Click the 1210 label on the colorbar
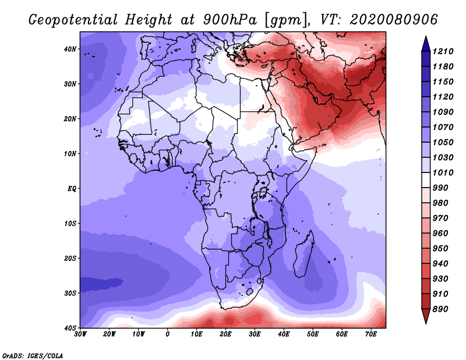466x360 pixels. pyautogui.click(x=443, y=51)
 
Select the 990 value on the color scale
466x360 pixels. pyautogui.click(x=440, y=188)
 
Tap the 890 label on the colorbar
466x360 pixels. pyautogui.click(x=440, y=309)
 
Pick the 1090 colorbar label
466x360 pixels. pyautogui.click(x=443, y=112)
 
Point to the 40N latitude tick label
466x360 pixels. pyautogui.click(x=70, y=49)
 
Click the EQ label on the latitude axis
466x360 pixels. pyautogui.click(x=72, y=189)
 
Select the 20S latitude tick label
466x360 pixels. pyautogui.click(x=70, y=258)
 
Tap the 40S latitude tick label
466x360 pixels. pyautogui.click(x=70, y=328)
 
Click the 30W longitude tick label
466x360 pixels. pyautogui.click(x=80, y=334)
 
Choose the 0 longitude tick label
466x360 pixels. pyautogui.click(x=168, y=334)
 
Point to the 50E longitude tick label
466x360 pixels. pyautogui.click(x=313, y=334)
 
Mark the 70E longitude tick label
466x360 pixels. pyautogui.click(x=370, y=334)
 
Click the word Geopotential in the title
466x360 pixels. pyautogui.click(x=73, y=20)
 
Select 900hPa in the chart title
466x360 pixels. pyautogui.click(x=230, y=20)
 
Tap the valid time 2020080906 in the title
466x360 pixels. pyautogui.click(x=394, y=20)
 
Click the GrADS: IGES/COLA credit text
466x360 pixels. pyautogui.click(x=33, y=355)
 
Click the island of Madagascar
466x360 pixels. pyautogui.click(x=304, y=255)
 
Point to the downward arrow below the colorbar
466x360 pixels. pyautogui.click(x=426, y=316)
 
